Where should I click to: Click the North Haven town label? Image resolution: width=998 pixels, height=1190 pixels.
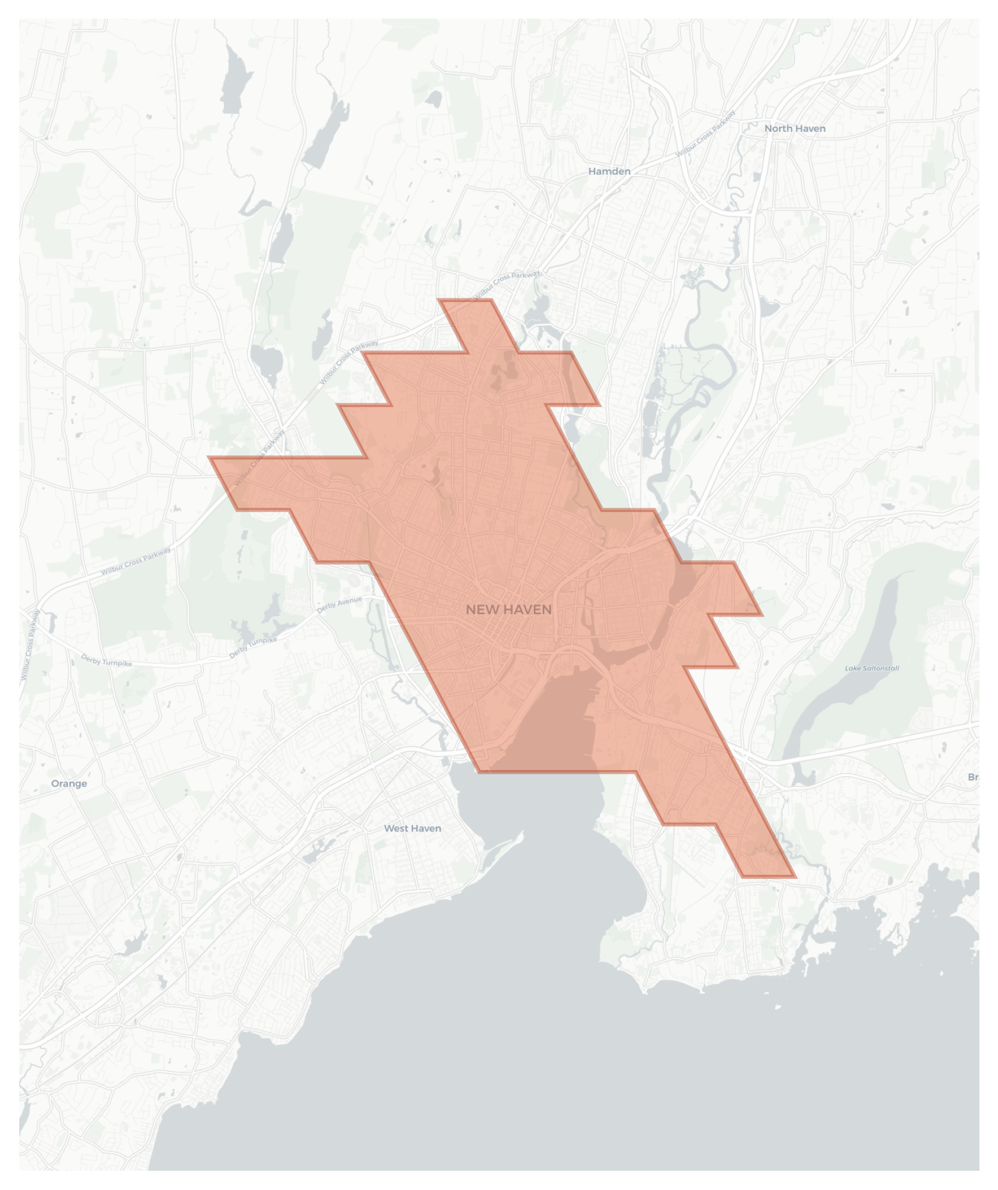794,128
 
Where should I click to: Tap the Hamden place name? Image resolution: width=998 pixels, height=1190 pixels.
609,171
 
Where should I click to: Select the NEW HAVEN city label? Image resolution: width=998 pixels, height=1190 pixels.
508,609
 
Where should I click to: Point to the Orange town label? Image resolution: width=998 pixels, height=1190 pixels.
68,783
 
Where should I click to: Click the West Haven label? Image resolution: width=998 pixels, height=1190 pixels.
412,828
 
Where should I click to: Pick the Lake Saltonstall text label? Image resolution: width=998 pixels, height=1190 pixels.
871,668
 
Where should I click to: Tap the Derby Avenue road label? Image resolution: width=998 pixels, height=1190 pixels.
339,604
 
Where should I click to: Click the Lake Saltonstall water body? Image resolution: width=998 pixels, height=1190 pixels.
858,640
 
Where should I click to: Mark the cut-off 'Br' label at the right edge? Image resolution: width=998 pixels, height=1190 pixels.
973,776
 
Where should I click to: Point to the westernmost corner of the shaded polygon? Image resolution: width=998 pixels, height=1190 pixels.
209,458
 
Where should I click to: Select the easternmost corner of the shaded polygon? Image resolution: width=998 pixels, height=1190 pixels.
762,615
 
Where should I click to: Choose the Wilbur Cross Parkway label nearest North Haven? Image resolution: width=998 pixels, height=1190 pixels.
705,133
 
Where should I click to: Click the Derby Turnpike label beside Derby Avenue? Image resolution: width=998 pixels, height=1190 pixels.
254,647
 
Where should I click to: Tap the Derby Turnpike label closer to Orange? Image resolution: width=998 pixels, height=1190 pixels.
106,660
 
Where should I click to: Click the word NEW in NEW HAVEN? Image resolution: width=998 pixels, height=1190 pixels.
479,609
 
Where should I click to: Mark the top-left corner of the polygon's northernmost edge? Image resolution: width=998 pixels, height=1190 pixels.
439,300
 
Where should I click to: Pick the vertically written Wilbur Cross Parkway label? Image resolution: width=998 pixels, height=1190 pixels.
29,645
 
